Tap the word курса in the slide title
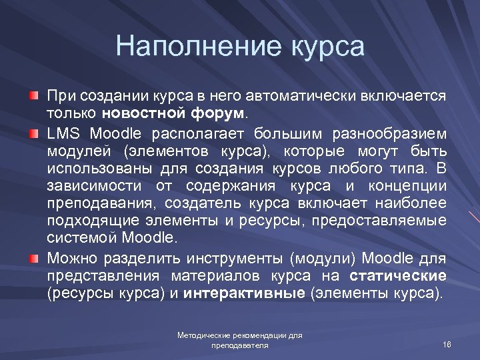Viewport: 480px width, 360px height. [328, 47]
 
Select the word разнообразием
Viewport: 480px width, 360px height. [394, 133]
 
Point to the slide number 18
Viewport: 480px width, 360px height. [447, 343]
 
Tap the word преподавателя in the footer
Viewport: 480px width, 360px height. [239, 346]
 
